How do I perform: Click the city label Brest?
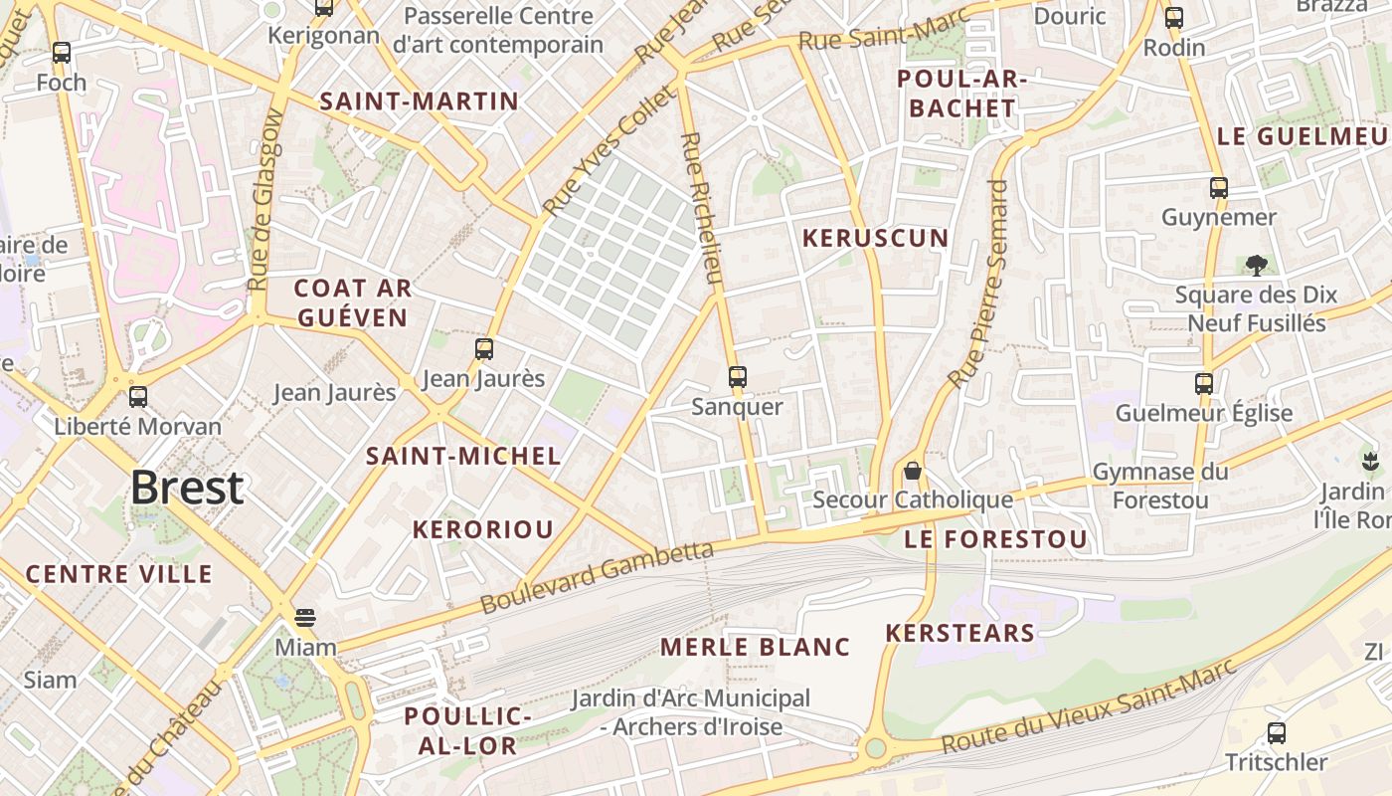[x=187, y=488]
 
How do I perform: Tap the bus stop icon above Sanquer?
[x=737, y=377]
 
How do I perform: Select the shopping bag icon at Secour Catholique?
[x=913, y=470]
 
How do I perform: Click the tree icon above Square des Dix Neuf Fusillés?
[x=1256, y=265]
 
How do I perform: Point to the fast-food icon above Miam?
[x=305, y=618]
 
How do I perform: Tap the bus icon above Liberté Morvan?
[x=138, y=397]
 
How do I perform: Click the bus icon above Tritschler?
[x=1277, y=733]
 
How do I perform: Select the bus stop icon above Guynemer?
[x=1219, y=187]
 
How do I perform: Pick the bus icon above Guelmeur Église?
[x=1204, y=383]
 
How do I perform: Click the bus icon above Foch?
[x=62, y=53]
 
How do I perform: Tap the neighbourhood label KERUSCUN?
[x=876, y=239]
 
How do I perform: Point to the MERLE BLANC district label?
[x=756, y=647]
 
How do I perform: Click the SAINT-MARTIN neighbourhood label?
[x=419, y=101]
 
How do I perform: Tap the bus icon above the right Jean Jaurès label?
[x=484, y=349]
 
